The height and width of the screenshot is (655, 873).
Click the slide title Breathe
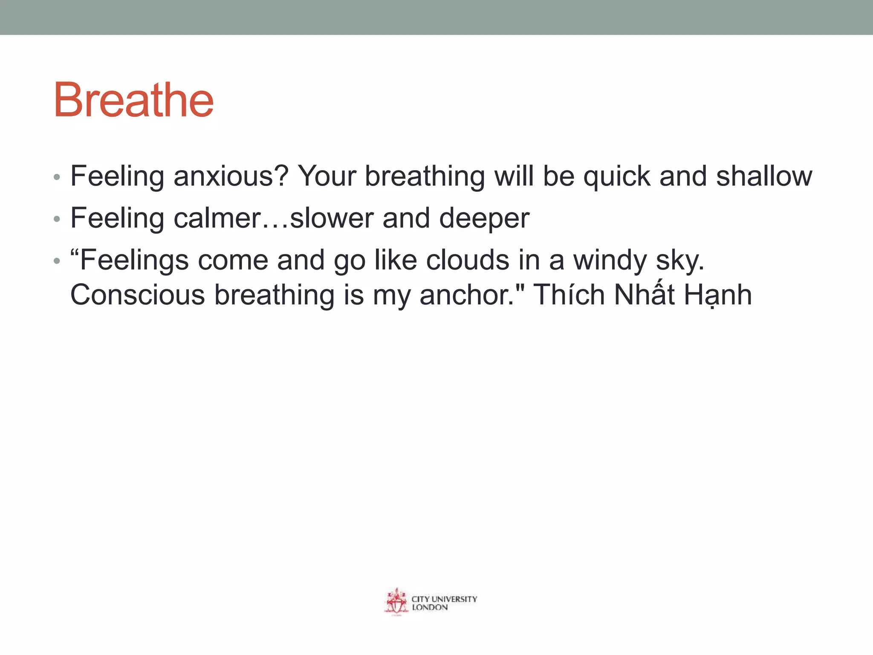(133, 100)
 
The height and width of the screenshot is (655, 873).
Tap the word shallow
(764, 176)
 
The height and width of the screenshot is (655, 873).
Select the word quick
(616, 176)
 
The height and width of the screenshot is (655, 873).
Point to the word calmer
(217, 218)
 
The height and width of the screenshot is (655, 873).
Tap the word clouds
(467, 260)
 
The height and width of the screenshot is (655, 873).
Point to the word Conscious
(137, 295)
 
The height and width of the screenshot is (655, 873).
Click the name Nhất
(644, 295)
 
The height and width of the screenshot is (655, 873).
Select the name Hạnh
(718, 295)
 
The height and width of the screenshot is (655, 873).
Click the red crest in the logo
(396, 602)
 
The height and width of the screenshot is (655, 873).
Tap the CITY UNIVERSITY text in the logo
(444, 599)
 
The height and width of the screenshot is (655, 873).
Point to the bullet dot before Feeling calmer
(57, 219)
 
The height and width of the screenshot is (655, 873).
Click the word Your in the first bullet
(327, 176)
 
